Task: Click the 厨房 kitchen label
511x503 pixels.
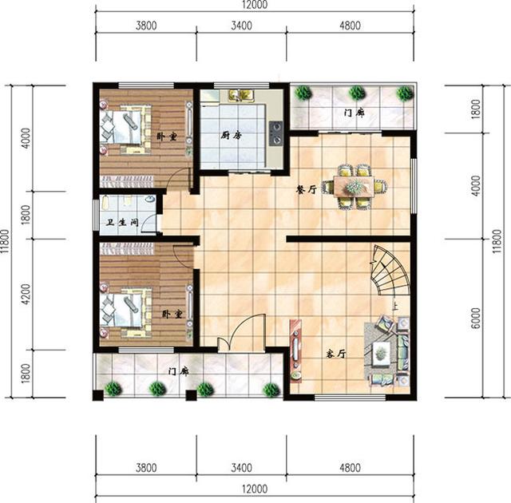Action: click(232, 135)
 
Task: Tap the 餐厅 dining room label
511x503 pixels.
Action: click(307, 189)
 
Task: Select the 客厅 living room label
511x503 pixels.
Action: click(335, 353)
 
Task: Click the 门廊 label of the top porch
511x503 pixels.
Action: click(355, 113)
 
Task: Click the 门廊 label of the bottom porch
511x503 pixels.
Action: click(179, 370)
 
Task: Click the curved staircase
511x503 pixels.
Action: click(390, 271)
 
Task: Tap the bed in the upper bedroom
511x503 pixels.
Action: click(124, 127)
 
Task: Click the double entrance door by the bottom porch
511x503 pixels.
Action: click(241, 335)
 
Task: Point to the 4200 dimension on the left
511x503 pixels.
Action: click(26, 294)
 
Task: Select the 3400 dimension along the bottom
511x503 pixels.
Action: click(241, 468)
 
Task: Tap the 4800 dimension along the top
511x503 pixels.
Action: click(351, 26)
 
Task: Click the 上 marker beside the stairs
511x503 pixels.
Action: click(394, 304)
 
